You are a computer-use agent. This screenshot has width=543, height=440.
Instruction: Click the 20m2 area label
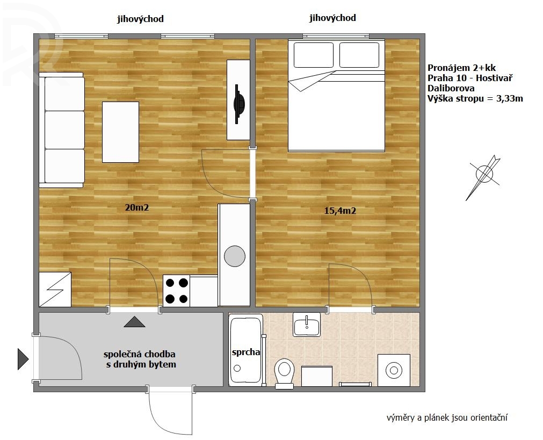point(137,207)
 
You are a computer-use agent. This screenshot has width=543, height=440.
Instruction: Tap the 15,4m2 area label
point(340,211)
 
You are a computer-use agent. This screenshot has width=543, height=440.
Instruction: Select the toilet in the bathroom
point(284,373)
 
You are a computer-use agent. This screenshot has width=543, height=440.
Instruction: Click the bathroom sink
point(307,324)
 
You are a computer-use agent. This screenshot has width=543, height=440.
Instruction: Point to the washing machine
point(394,370)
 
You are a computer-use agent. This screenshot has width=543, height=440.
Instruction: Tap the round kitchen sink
point(235,256)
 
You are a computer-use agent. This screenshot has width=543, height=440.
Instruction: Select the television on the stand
point(238,104)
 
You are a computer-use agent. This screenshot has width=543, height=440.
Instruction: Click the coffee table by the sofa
point(120,132)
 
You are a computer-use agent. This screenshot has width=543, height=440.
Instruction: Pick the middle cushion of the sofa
point(65,130)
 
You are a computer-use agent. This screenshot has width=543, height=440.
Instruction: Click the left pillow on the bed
point(314,55)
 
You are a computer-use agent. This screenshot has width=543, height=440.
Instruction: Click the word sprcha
point(246,352)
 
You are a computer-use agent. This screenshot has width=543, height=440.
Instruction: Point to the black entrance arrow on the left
point(23,359)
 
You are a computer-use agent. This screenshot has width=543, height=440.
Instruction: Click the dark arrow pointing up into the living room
point(135,322)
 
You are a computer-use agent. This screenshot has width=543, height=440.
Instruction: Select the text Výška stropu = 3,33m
point(475,98)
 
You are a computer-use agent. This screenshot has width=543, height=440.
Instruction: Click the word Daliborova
point(451,88)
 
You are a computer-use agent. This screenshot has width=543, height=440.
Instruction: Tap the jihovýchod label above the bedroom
point(332,18)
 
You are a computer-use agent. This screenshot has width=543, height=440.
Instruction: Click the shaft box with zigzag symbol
point(55,289)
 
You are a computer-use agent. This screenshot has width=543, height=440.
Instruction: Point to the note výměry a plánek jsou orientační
point(447,417)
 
